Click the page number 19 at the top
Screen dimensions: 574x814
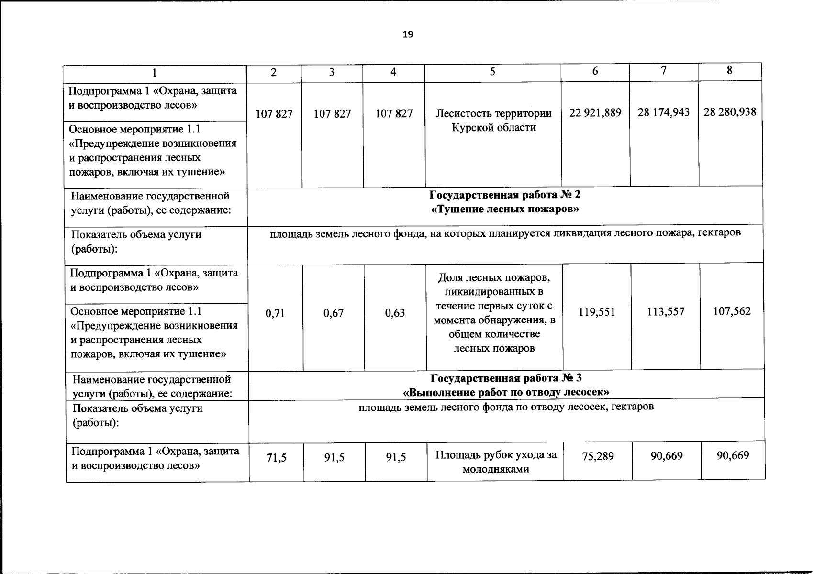[408, 34]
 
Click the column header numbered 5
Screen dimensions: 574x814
[492, 72]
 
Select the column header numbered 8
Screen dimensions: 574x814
[729, 70]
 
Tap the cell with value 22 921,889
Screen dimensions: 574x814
[595, 112]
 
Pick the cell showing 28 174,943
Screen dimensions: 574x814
[664, 112]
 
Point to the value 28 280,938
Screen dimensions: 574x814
[730, 112]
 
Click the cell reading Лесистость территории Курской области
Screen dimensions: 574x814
[493, 121]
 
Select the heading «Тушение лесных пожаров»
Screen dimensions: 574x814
[505, 209]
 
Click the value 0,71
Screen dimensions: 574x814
[275, 313]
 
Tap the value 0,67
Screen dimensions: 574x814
[334, 313]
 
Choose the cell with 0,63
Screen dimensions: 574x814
[395, 313]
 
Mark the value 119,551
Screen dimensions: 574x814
[597, 312]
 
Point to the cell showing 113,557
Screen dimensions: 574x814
[666, 312]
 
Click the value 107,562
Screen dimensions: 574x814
[732, 311]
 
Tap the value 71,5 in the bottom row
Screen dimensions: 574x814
[277, 458]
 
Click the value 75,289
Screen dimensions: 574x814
[598, 456]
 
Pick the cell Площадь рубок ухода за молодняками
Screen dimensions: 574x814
[496, 462]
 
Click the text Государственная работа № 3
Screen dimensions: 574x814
[506, 378]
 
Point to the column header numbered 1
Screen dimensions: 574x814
[154, 73]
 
